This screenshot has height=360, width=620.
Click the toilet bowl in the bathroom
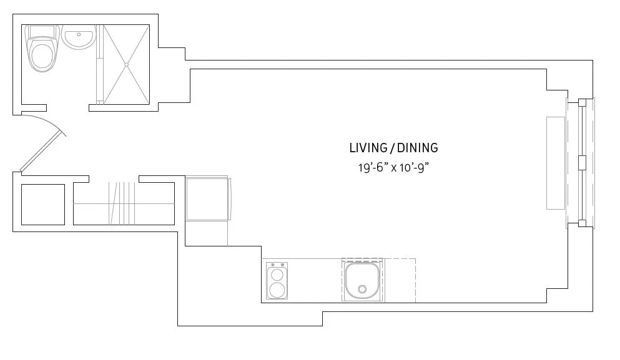[42, 55]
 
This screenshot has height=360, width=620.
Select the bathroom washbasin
[78, 38]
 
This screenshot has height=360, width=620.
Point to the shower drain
[126, 64]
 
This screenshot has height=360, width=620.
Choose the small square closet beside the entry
[43, 204]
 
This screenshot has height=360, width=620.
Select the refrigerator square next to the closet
[208, 199]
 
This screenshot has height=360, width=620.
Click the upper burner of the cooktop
[277, 274]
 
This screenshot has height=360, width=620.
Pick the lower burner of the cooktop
[277, 289]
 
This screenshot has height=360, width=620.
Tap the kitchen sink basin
[362, 280]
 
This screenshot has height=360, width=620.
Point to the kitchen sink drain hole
[362, 289]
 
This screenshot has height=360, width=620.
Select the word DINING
[417, 148]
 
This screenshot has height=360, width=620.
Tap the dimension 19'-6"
[370, 167]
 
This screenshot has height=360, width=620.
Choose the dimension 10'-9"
[416, 167]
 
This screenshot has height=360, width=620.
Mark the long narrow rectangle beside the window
[555, 162]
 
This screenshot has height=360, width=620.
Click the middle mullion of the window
[582, 162]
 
